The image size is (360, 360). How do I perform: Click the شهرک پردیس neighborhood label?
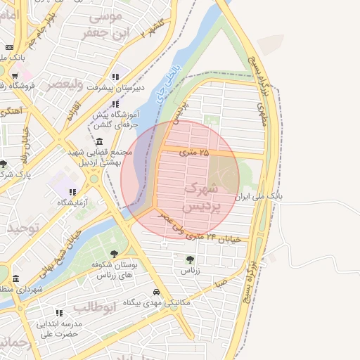tap(201, 198)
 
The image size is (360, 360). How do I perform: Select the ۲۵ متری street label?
tap(194, 152)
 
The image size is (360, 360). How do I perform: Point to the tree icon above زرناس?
tap(190, 259)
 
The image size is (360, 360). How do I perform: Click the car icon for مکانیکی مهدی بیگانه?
tap(156, 292)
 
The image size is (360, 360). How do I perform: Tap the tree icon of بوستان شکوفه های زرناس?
tap(114, 254)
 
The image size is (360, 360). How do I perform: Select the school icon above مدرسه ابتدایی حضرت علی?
tap(60, 313)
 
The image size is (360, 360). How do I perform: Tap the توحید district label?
tap(21, 229)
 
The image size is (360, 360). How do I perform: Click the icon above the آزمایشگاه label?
tap(72, 191)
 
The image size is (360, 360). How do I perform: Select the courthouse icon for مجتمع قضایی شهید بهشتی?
tap(99, 142)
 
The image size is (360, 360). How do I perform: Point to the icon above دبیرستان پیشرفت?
tap(115, 77)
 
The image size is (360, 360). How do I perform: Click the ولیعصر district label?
tap(65, 84)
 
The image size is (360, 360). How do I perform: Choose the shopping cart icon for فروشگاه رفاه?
tap(14, 75)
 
